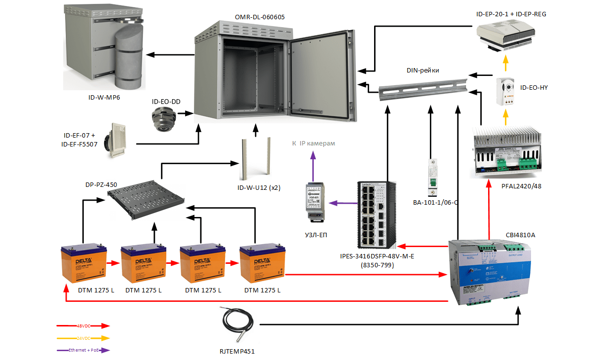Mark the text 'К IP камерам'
coord(313,144)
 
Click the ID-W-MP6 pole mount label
coord(104,98)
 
